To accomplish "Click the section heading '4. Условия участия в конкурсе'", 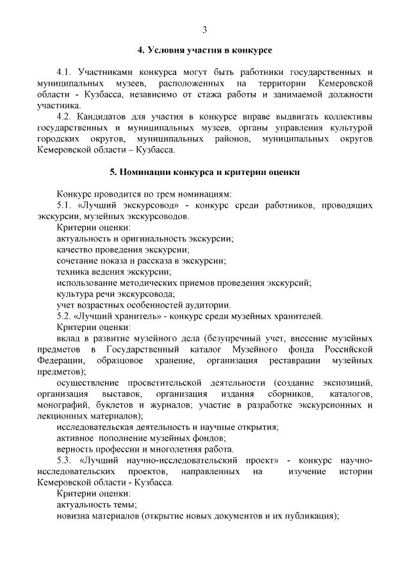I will pyautogui.click(x=205, y=49).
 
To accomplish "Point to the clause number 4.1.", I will pyautogui.click(x=66, y=72).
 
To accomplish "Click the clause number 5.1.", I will pyautogui.click(x=65, y=205).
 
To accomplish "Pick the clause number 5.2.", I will pyautogui.click(x=65, y=316).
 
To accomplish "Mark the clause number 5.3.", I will pyautogui.click(x=66, y=460).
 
